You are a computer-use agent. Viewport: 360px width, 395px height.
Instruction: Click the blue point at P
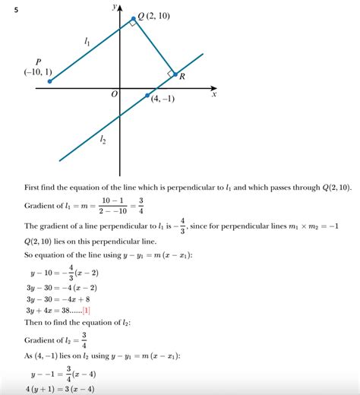coord(49,81)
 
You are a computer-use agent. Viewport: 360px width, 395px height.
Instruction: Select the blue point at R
coord(175,74)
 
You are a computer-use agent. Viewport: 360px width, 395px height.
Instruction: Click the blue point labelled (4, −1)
coord(147,95)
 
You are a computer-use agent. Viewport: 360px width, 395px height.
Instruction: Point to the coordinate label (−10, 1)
coord(37,73)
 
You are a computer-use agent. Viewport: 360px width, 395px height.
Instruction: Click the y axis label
coord(113,6)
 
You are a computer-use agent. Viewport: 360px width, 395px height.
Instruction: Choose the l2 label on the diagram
coord(103,139)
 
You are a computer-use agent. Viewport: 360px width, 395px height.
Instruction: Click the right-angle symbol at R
coord(170,73)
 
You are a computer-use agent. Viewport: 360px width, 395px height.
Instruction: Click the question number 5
coord(7,9)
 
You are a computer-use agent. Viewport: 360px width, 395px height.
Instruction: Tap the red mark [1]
coord(87,310)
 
